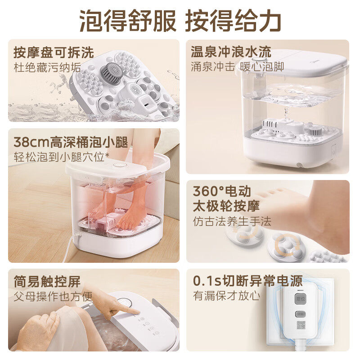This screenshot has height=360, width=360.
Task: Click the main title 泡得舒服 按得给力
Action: click(180, 20)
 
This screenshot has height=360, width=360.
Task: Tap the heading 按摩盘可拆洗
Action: click(54, 53)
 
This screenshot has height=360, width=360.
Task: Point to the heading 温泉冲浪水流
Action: click(231, 52)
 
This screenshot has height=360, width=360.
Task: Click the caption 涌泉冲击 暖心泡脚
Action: click(237, 67)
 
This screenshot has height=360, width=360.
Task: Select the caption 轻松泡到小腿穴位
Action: click(61, 157)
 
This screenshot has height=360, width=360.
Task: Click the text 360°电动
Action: click(222, 191)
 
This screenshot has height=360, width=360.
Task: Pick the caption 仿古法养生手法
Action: click(232, 221)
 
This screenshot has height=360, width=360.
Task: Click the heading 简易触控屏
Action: click(47, 282)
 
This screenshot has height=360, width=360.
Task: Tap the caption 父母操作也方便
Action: click(53, 297)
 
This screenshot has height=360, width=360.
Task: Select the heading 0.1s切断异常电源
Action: click(247, 281)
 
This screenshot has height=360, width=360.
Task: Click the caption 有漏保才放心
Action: click(227, 296)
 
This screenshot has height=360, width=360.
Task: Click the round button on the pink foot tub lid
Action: click(119, 165)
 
